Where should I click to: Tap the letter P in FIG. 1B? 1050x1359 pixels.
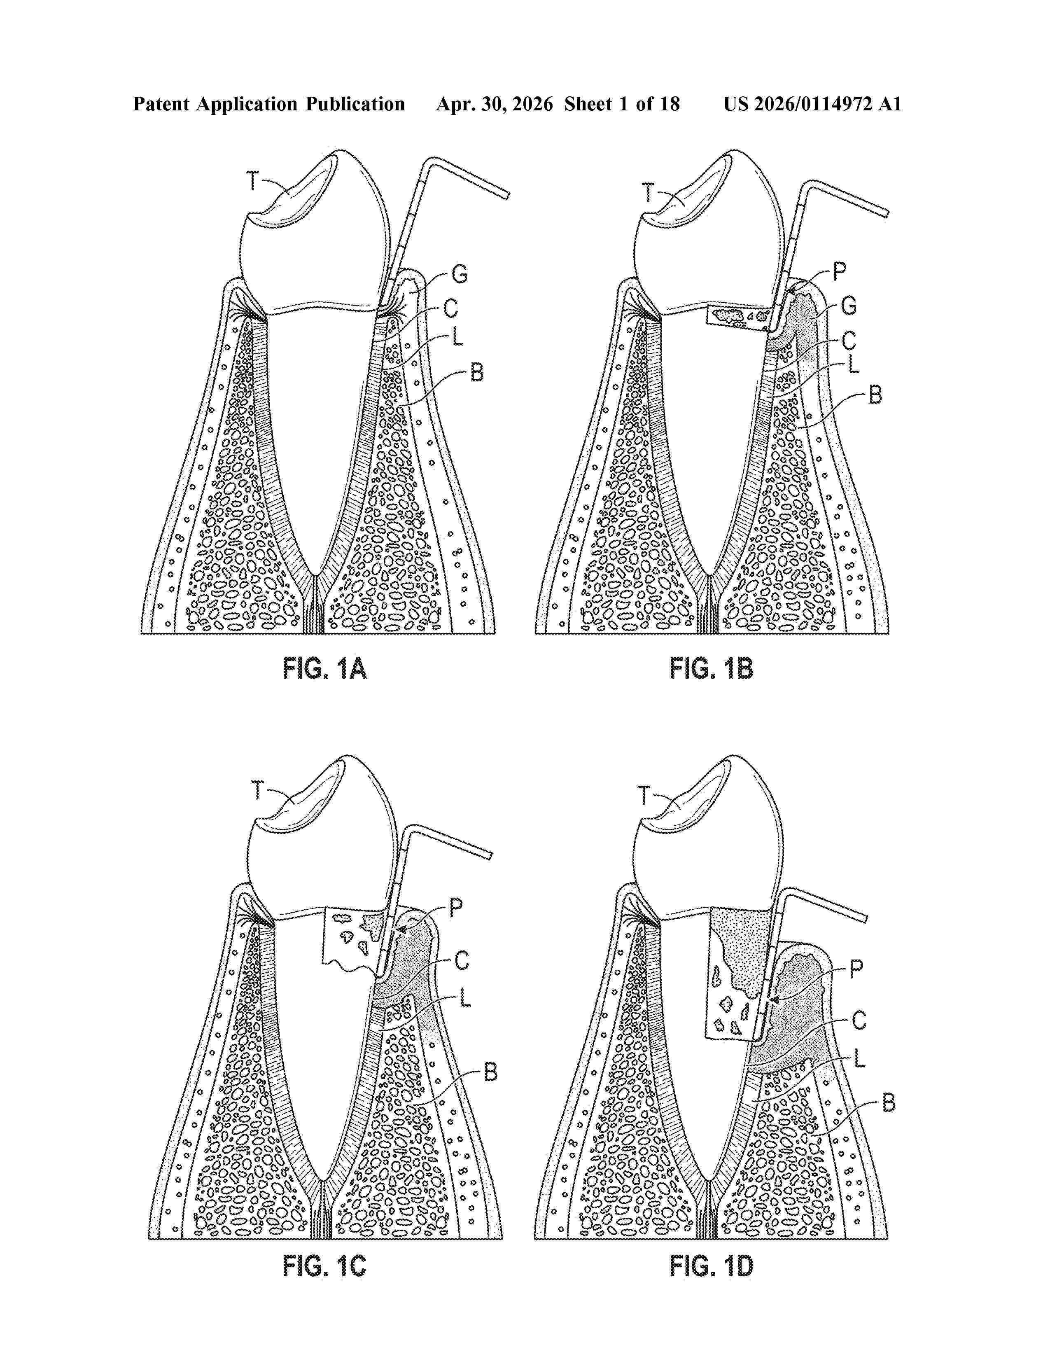839,271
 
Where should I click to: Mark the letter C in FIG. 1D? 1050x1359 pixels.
859,1020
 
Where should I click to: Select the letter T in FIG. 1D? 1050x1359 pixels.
644,795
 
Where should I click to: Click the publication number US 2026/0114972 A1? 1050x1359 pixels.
812,104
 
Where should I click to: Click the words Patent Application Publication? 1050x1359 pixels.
269,104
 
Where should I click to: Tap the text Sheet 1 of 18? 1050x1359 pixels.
622,104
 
